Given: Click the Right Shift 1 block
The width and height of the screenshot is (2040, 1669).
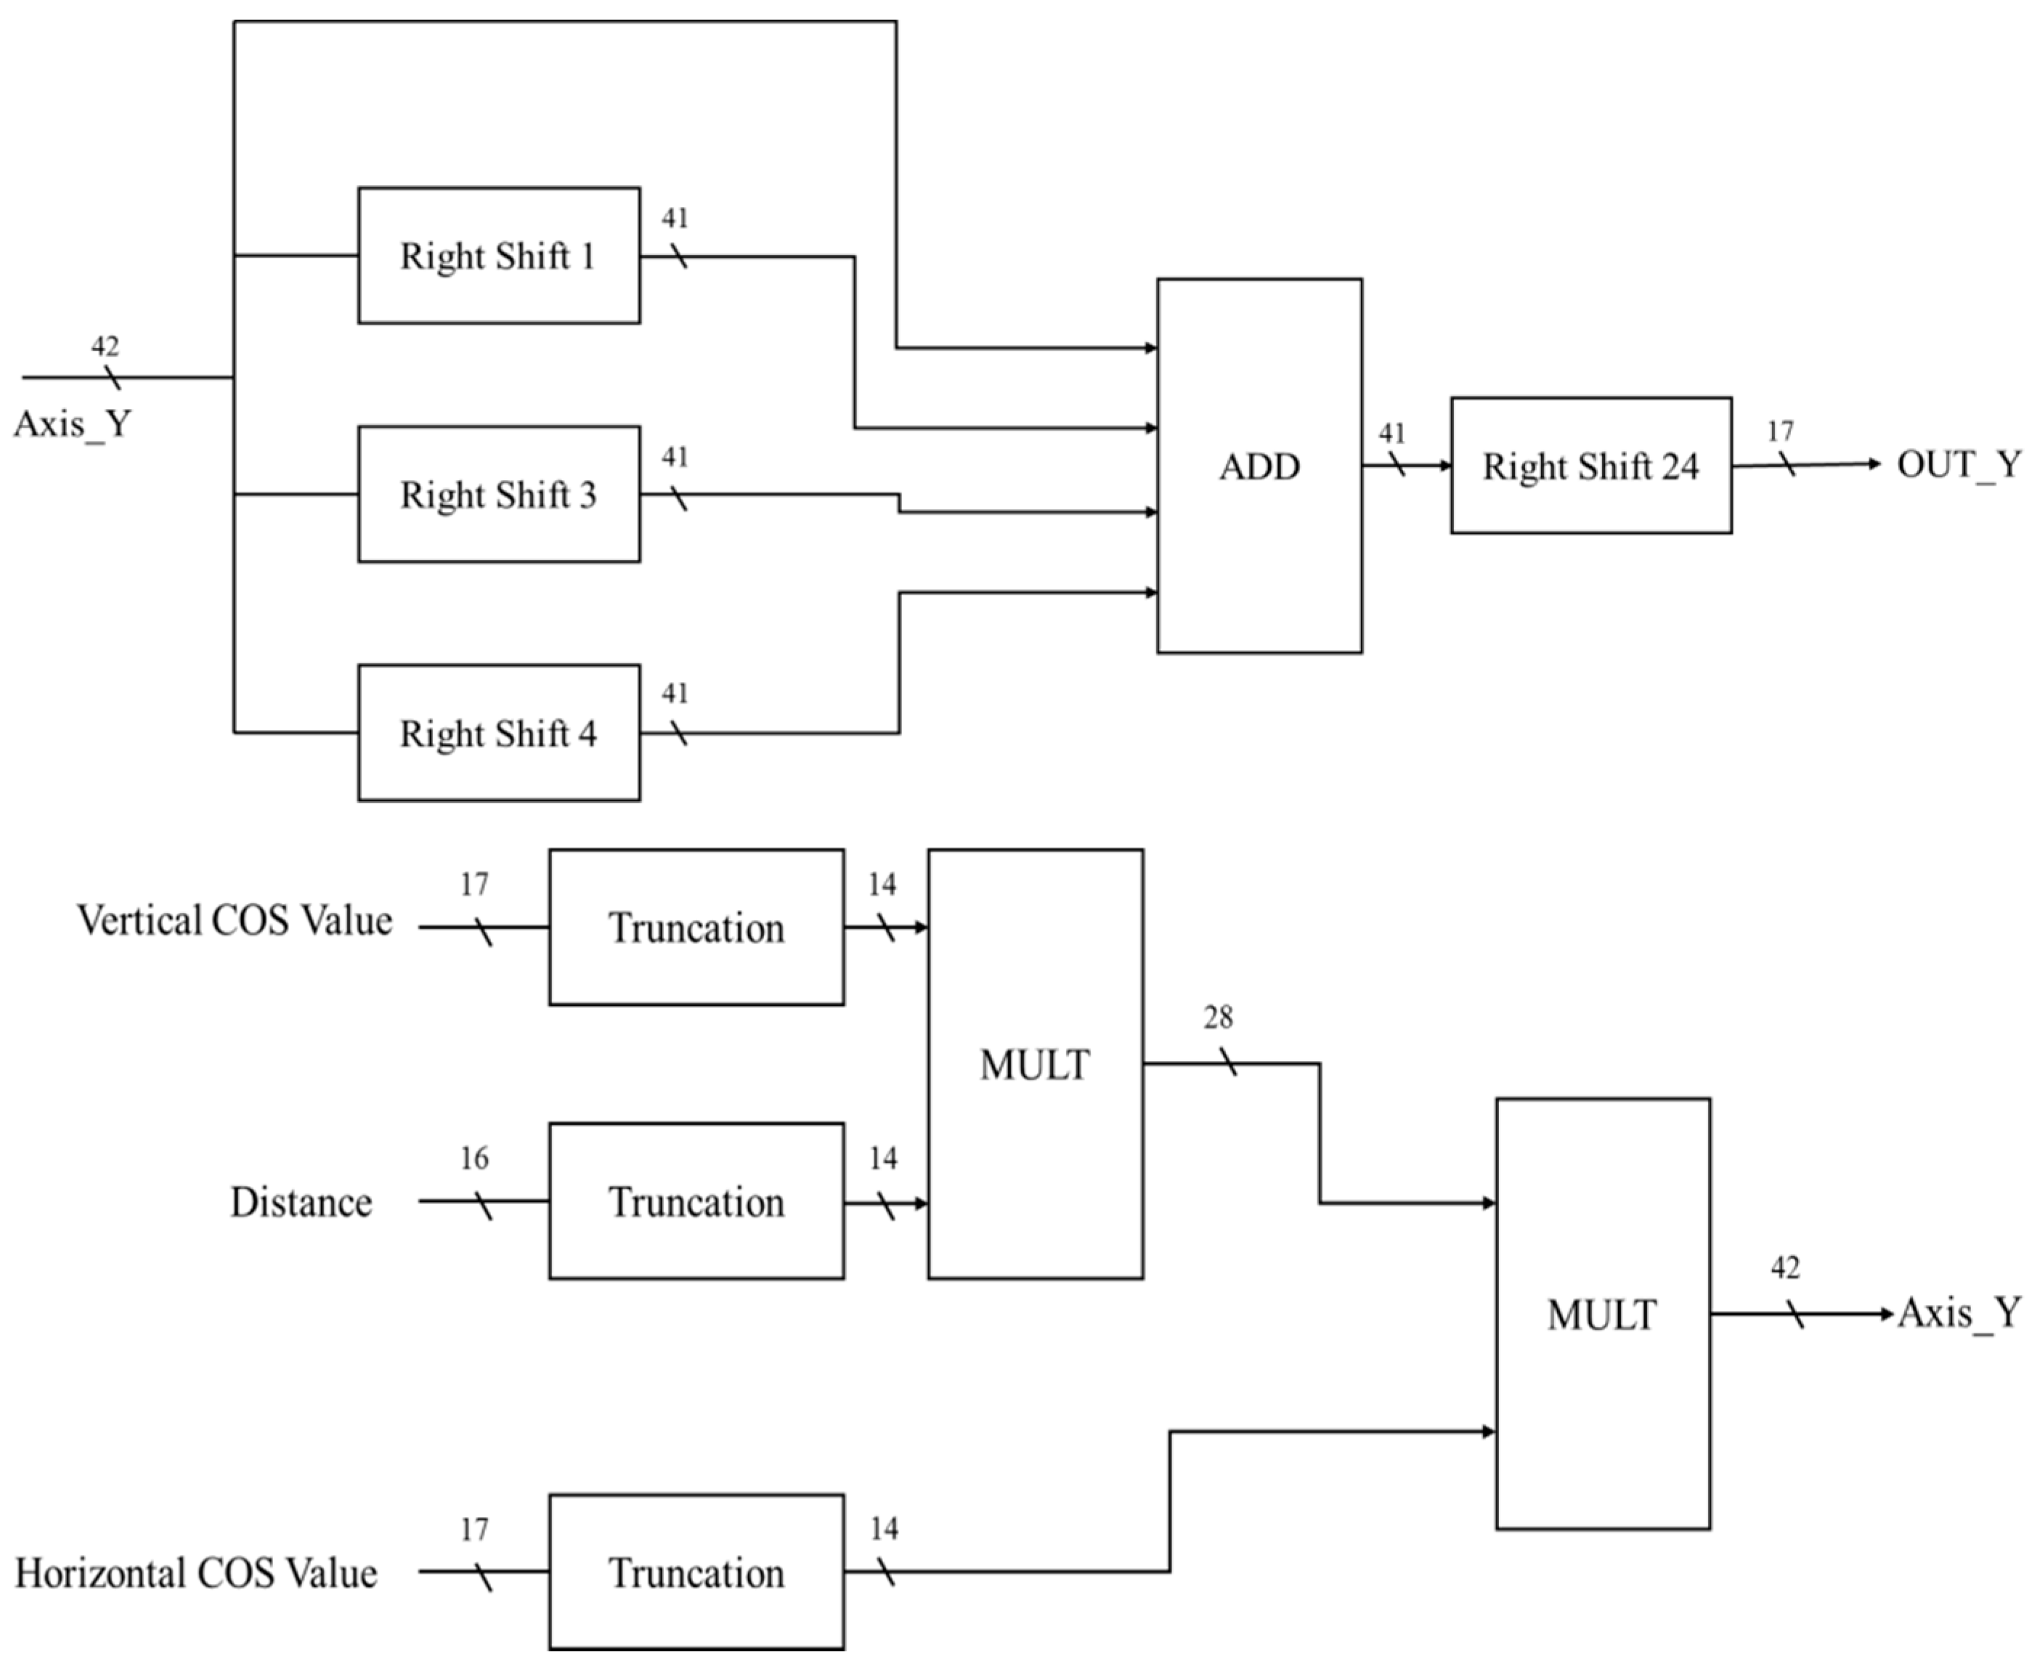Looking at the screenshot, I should point(498,256).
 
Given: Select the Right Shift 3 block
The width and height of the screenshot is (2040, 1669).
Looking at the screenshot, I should point(498,494).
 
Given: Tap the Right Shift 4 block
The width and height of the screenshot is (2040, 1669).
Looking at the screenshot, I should point(498,733).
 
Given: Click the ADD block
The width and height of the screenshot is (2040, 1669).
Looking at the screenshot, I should point(1259,466).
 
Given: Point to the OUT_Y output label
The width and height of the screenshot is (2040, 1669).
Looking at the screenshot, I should point(1958,464).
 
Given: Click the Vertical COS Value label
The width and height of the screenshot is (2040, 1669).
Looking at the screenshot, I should point(235,920).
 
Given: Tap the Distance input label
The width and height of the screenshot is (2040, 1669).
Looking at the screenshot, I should point(301,1202).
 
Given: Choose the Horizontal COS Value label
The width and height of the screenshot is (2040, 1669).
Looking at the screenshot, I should point(196,1573).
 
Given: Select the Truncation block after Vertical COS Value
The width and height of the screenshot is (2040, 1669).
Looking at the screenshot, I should point(696,927).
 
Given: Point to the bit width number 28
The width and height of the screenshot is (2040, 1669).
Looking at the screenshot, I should point(1217,1018).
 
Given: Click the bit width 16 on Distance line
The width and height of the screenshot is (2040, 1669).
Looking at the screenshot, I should point(474,1158).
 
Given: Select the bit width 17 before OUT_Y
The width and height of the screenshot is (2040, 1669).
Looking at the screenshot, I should point(1779,431).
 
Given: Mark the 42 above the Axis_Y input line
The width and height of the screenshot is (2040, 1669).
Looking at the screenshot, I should point(105,346).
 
